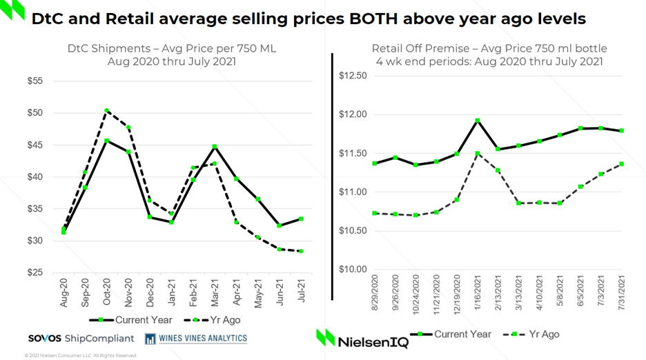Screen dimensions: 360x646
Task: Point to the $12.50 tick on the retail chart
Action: point(353,75)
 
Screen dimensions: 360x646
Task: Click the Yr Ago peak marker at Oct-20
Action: point(106,110)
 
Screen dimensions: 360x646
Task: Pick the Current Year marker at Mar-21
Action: point(215,146)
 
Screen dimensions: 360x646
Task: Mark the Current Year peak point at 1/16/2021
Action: point(478,121)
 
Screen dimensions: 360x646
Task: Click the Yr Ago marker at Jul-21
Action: point(301,251)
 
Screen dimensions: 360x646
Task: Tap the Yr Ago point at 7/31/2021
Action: point(622,163)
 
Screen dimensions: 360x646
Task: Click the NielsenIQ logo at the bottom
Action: point(362,338)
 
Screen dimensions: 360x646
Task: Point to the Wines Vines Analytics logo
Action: point(196,338)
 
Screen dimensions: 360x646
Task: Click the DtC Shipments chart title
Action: point(172,55)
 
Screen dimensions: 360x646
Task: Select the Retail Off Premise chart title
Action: point(489,55)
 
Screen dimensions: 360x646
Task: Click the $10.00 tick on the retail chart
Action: point(353,269)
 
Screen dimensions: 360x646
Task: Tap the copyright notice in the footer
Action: point(81,355)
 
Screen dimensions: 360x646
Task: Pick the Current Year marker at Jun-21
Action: point(280,226)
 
